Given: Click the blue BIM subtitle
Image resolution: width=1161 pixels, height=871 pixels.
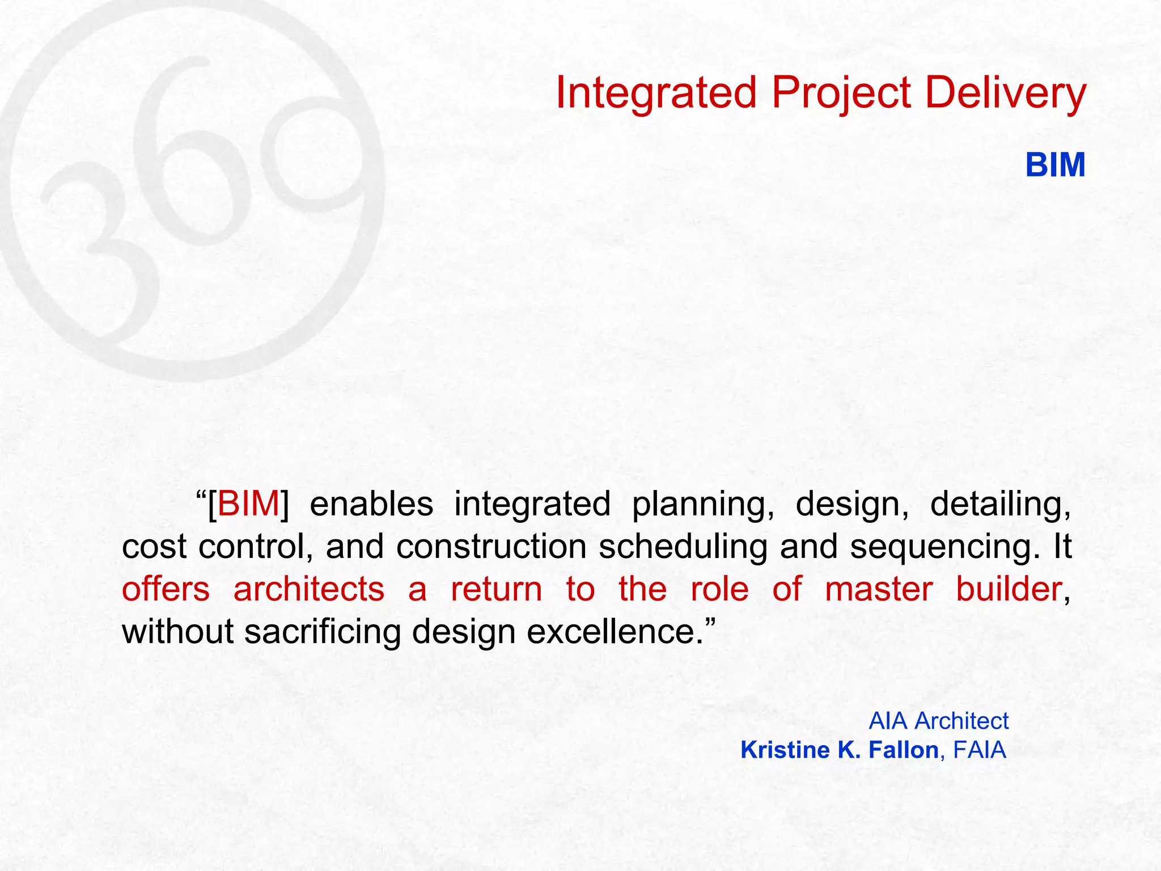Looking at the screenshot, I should click(x=1055, y=165).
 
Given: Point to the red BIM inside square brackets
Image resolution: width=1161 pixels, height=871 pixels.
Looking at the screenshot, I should click(x=248, y=504).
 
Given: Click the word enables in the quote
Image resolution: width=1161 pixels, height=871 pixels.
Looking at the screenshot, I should click(x=371, y=504).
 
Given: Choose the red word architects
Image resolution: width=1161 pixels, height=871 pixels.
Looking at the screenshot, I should click(x=309, y=589).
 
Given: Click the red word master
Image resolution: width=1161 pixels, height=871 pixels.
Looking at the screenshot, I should click(x=878, y=589).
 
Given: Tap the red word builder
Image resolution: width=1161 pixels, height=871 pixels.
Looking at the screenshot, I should click(x=1009, y=589).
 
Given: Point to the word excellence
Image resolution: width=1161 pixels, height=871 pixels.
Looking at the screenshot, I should click(x=615, y=631).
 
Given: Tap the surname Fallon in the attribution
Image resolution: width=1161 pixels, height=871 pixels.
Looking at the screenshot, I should click(x=903, y=750).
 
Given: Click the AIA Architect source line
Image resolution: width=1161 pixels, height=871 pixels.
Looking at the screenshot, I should click(x=938, y=721).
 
